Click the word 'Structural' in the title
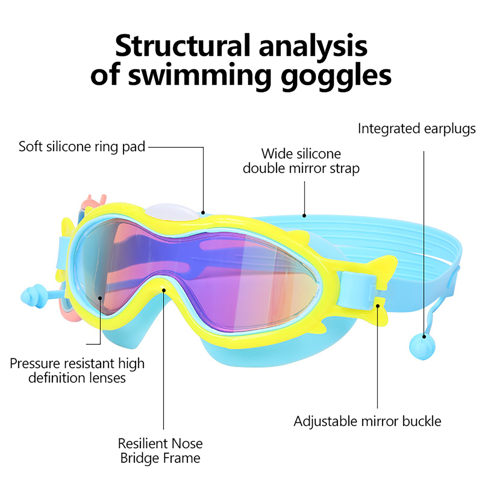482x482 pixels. (183, 46)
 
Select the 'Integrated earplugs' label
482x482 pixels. (417, 129)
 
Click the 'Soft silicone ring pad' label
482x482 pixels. (82, 147)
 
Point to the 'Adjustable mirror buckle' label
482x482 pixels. (367, 421)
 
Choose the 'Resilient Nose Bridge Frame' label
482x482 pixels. (160, 451)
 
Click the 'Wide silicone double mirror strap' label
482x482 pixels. (301, 161)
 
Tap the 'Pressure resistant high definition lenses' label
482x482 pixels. (77, 371)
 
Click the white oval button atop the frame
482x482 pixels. (173, 213)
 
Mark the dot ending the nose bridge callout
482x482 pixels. (164, 290)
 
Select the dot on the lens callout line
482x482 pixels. (100, 298)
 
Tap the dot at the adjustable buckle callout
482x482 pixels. (377, 306)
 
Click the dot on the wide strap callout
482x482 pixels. (304, 216)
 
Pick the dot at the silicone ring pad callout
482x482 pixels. (203, 213)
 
